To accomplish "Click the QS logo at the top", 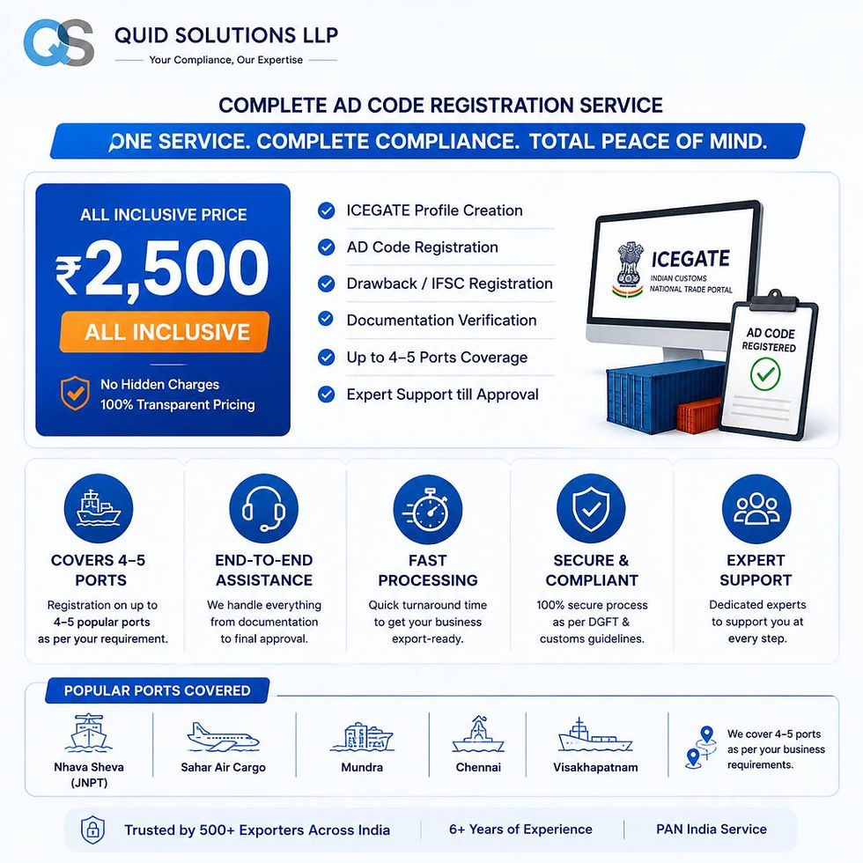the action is tap(58, 42).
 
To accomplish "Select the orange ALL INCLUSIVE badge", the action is tap(165, 332).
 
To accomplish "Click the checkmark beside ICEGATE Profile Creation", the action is tap(327, 210).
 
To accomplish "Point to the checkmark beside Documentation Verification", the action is tap(327, 319).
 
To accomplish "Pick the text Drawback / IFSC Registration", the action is tap(449, 284).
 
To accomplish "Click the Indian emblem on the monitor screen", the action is tap(628, 269).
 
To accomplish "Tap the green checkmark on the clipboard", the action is tap(765, 373).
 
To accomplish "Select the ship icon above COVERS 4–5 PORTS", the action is tap(99, 509).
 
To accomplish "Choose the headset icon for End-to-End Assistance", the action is tap(263, 509).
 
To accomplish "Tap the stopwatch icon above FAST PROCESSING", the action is tap(428, 509).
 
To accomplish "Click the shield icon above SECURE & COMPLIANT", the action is tap(591, 509).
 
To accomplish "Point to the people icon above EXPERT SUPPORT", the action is tap(756, 509).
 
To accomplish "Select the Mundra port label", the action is tap(362, 767).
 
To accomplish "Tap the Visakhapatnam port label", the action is tap(595, 767).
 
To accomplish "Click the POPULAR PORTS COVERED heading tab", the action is tap(158, 690).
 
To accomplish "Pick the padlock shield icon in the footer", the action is tap(93, 830).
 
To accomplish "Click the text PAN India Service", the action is tap(712, 829).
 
